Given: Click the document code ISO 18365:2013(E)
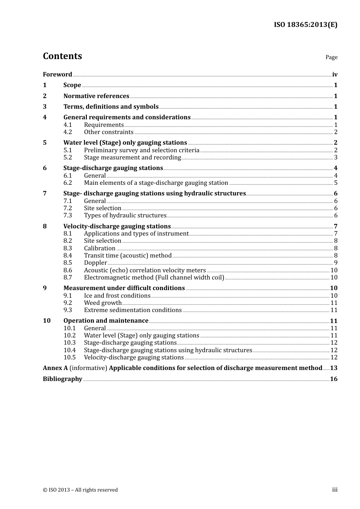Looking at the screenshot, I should (305, 25).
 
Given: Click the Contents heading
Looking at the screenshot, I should (62, 56).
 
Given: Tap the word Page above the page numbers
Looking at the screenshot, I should (331, 57).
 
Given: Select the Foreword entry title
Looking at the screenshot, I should (57, 74).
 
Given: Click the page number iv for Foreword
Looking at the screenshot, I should (335, 75).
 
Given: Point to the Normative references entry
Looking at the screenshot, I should (96, 96).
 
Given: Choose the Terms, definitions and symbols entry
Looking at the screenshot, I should (111, 106).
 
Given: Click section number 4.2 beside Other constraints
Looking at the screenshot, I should (67, 132).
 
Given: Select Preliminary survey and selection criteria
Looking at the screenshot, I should (141, 150).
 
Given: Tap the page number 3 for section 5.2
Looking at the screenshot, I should (335, 158).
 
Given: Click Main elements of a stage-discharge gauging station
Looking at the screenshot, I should (156, 183).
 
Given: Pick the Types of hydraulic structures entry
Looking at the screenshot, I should (125, 215).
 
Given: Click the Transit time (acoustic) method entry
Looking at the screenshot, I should (128, 256).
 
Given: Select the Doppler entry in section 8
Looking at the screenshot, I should (95, 263).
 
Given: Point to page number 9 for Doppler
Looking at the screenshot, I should (335, 263).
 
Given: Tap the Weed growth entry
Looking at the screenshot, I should (103, 303).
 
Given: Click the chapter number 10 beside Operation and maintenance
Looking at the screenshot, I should (47, 321).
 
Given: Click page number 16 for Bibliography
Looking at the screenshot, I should (333, 379).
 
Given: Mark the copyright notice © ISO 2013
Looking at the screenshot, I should (80, 490).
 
